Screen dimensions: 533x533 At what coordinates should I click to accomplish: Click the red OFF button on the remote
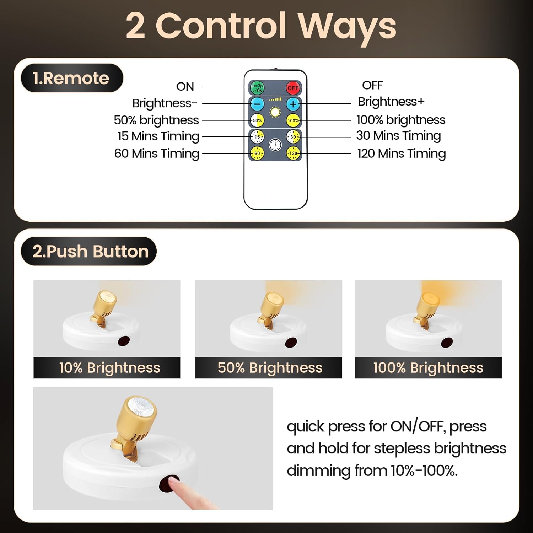point(293,87)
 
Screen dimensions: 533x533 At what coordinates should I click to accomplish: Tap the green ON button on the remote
point(257,87)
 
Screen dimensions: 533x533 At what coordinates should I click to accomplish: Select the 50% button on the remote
point(257,120)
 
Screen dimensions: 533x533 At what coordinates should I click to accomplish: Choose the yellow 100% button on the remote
point(293,120)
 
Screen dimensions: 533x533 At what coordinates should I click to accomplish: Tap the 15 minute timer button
point(257,137)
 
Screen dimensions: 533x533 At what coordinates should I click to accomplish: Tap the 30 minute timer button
point(293,137)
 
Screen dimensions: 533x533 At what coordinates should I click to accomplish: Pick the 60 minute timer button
point(257,153)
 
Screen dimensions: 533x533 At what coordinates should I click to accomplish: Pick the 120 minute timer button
point(293,153)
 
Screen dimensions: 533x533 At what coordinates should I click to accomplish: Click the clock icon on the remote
point(275,144)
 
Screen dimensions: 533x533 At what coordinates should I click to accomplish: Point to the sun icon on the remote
point(275,113)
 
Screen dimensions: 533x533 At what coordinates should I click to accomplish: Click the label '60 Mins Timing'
point(157,154)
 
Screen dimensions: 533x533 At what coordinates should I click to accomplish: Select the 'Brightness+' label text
point(391,102)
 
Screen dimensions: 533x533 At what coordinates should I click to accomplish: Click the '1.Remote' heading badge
point(72,78)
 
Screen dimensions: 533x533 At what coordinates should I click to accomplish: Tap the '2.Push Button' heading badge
point(89,251)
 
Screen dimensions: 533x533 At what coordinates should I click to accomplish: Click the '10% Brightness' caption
point(110,368)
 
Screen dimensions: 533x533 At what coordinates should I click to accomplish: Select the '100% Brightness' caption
point(429,368)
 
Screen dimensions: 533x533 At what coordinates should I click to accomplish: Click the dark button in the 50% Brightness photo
point(291,343)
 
